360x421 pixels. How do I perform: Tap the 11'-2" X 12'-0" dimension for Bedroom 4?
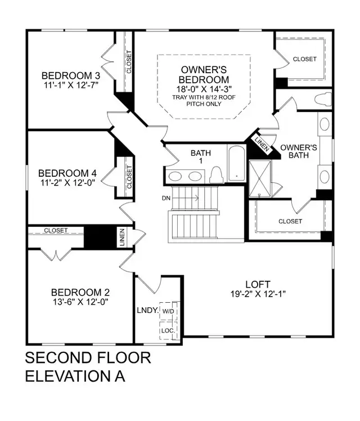coord(71,183)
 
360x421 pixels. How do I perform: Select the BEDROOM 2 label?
coord(80,293)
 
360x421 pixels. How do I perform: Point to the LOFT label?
coord(258,284)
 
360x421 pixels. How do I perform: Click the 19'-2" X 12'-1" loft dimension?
coord(258,294)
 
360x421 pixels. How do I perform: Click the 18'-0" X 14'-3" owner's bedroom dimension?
coord(203,88)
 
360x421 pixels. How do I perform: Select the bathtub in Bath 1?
coord(236,163)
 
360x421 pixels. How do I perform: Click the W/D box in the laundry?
coord(169,311)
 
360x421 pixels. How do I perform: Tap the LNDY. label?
coord(146,310)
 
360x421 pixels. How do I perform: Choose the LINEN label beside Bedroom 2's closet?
coord(121,237)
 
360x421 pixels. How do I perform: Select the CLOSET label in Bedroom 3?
coord(129,62)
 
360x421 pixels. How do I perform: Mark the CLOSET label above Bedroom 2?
coord(55,230)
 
